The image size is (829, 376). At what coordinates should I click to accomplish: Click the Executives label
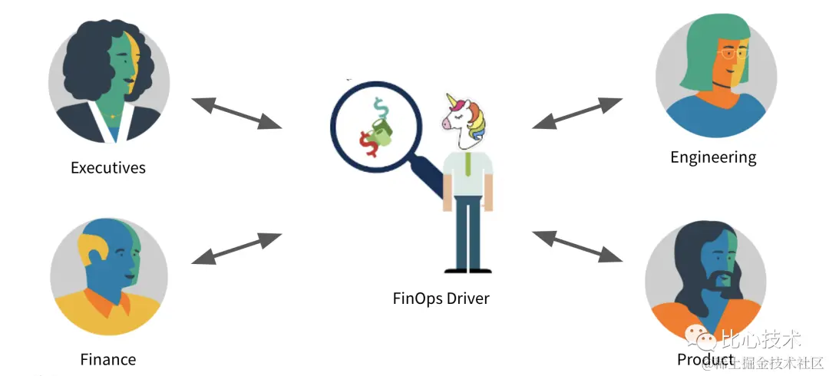coord(107,167)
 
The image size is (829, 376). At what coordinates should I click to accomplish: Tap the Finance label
coord(107,359)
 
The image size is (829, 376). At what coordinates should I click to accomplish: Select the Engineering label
coord(713,157)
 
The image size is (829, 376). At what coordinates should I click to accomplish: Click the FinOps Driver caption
coord(441,298)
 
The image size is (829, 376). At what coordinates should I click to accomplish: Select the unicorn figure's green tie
coord(467,164)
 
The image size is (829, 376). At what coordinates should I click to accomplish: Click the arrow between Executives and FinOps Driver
coord(236,112)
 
